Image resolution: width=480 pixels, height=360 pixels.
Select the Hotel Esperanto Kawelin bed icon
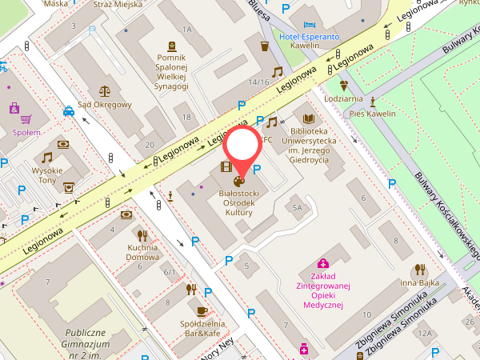pyautogui.click(x=310, y=25)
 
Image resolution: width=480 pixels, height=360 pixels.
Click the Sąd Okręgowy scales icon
pyautogui.click(x=105, y=91)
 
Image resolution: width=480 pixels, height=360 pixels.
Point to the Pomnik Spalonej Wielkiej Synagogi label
pyautogui.click(x=171, y=72)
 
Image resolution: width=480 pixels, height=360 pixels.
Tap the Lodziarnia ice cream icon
pyautogui.click(x=344, y=86)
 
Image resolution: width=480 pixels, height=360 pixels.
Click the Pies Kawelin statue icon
pyautogui.click(x=373, y=102)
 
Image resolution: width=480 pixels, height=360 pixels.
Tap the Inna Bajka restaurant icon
pyautogui.click(x=420, y=270)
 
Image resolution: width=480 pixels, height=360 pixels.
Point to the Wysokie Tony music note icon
pyautogui.click(x=47, y=158)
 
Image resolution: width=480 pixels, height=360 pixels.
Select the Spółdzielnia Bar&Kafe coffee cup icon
pyautogui.click(x=202, y=310)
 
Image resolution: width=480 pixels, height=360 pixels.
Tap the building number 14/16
pyautogui.click(x=258, y=82)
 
